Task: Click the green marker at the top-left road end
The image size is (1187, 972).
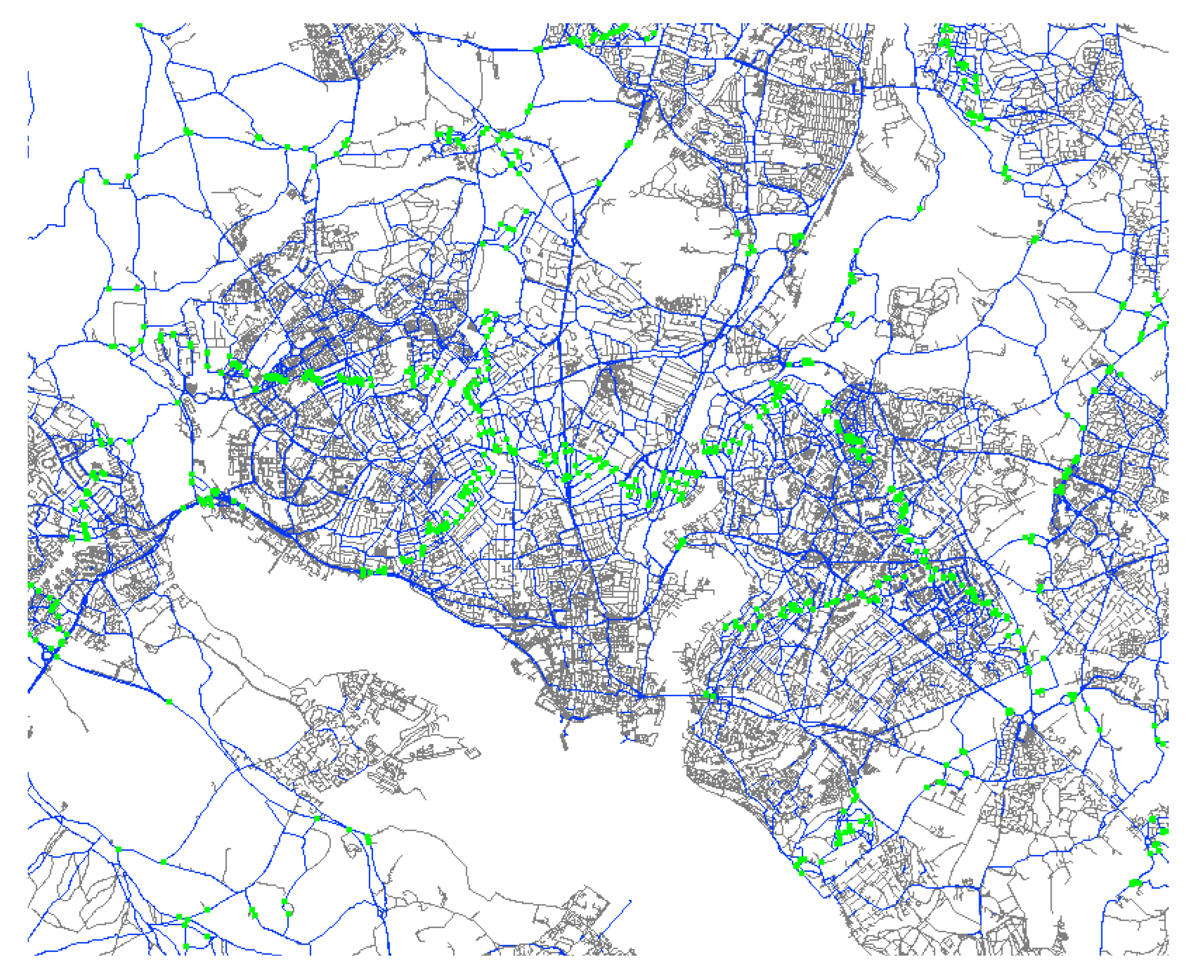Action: [x=139, y=25]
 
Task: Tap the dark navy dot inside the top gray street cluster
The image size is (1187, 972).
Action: [x=329, y=42]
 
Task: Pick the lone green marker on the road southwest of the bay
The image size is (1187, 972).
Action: [x=169, y=701]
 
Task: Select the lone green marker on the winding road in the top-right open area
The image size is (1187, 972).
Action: [x=919, y=209]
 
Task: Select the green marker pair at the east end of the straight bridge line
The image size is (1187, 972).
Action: [x=709, y=695]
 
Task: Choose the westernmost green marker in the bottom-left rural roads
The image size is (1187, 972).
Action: [x=118, y=849]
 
